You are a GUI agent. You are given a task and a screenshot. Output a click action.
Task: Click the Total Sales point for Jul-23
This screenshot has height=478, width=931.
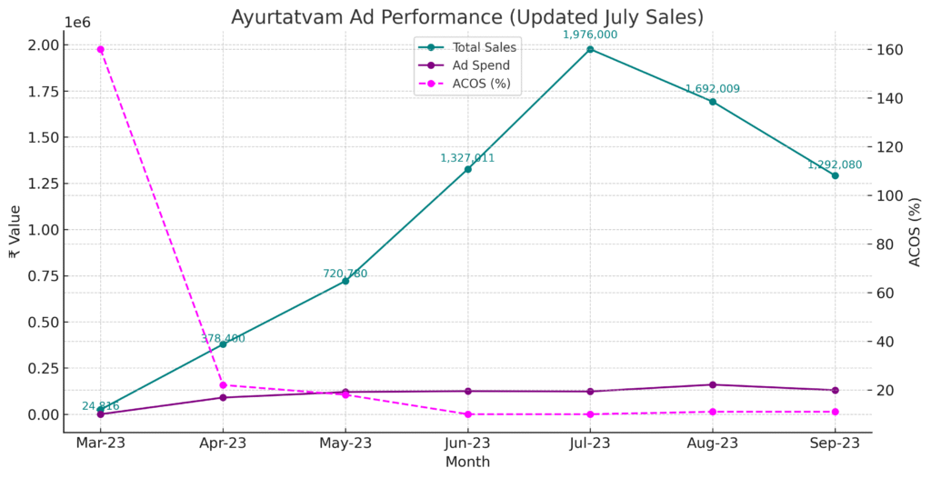click(x=590, y=49)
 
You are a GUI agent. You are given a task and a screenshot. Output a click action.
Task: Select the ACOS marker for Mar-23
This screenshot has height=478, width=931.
click(x=100, y=49)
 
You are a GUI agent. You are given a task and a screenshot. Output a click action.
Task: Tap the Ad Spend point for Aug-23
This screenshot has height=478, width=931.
click(x=713, y=384)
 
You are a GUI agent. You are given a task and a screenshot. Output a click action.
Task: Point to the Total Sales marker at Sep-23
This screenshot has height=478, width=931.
click(x=835, y=175)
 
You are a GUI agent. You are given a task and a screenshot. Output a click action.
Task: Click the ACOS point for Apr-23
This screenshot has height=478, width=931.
click(x=223, y=385)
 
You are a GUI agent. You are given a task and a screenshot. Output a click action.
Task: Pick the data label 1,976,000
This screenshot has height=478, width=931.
click(x=590, y=35)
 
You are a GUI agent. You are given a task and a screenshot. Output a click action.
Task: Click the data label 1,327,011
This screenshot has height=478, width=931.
click(x=467, y=158)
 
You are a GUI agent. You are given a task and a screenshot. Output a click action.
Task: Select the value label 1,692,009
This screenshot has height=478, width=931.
click(x=713, y=89)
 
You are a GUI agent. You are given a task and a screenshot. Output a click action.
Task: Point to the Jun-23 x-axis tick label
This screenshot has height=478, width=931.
click(x=467, y=443)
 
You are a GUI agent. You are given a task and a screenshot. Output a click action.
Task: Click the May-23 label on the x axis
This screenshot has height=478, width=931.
click(x=345, y=443)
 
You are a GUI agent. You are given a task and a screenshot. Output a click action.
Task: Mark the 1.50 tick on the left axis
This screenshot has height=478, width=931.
click(x=45, y=137)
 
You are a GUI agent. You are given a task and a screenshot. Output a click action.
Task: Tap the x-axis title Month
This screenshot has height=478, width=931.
click(x=467, y=462)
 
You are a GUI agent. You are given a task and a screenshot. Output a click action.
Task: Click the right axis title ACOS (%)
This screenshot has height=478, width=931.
click(x=916, y=231)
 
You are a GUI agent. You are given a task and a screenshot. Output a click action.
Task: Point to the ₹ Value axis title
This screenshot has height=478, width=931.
click(x=13, y=231)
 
